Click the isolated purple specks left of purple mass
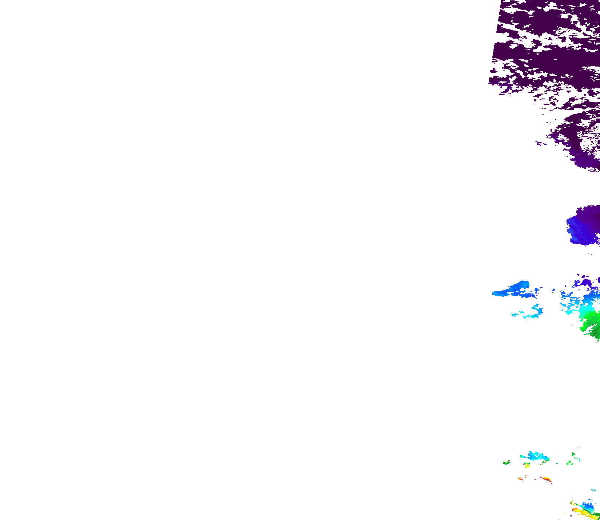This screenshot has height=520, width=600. (540, 143)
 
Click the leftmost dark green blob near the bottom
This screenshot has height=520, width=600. (506, 463)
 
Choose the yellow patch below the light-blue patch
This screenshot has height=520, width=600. (527, 465)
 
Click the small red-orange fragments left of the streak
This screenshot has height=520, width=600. (521, 479)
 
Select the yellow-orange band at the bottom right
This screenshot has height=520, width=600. (582, 512)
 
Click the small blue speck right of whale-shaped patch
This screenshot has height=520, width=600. (554, 290)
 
